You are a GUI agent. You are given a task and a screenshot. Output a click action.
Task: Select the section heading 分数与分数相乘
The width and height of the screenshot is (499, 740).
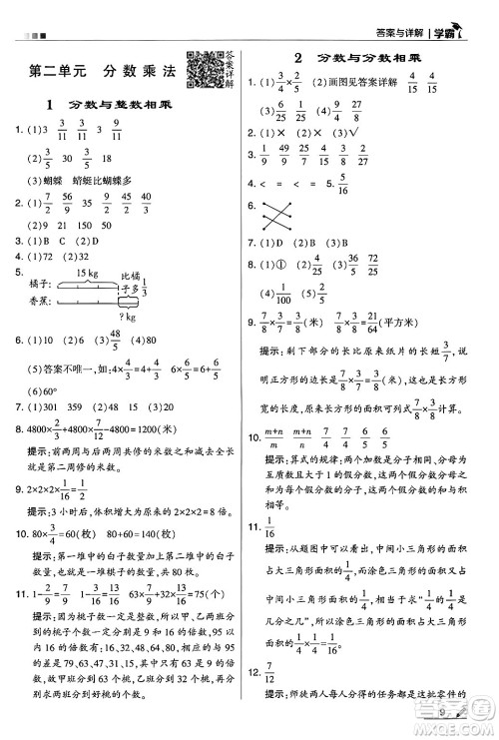tap(368, 58)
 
